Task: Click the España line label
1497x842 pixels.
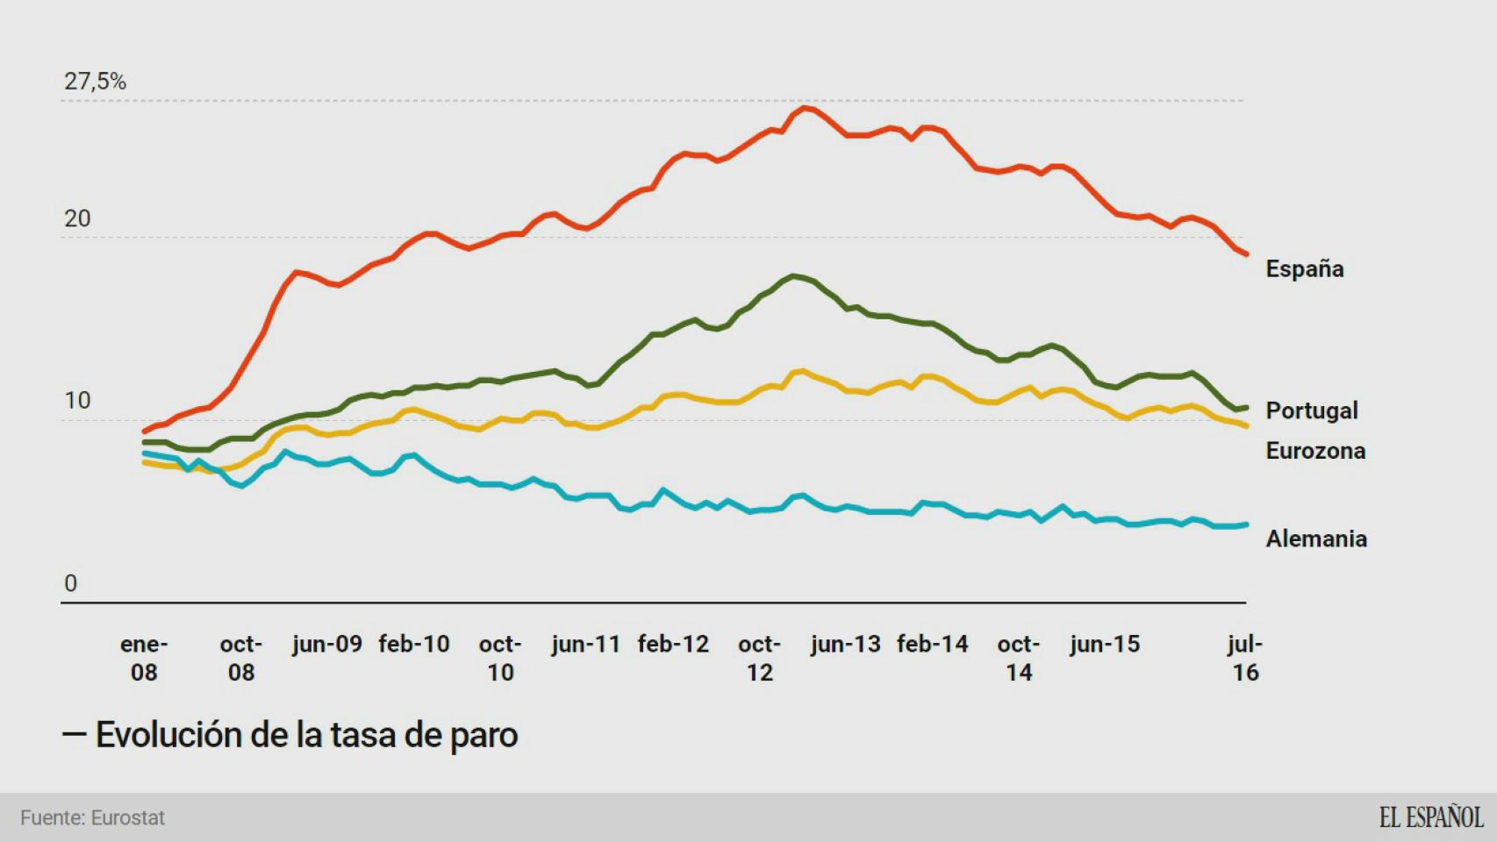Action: tap(1304, 268)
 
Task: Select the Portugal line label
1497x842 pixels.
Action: tap(1311, 410)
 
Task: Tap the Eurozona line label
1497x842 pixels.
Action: tap(1314, 451)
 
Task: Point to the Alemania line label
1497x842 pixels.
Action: tap(1315, 539)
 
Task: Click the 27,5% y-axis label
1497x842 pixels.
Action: tap(95, 82)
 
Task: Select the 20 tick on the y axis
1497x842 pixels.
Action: tap(77, 218)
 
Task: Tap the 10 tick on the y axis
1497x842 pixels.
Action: tap(77, 401)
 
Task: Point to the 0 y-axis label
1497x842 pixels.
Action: tap(70, 583)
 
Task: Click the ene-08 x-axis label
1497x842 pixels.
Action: tap(144, 658)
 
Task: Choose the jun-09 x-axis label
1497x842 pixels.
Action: tap(326, 645)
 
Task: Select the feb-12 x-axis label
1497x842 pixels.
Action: tap(673, 645)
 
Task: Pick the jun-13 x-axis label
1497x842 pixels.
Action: tap(845, 645)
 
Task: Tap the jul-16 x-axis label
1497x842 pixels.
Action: tap(1245, 658)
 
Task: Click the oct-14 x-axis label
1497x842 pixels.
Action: tap(1018, 658)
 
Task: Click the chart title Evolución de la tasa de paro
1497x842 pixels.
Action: tap(306, 735)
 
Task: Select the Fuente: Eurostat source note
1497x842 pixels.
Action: tap(92, 817)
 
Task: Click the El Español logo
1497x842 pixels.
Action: tap(1430, 817)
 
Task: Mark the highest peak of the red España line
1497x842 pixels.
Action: tap(806, 108)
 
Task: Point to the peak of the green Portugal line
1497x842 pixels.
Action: tap(793, 276)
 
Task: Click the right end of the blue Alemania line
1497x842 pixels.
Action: tap(1246, 524)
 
